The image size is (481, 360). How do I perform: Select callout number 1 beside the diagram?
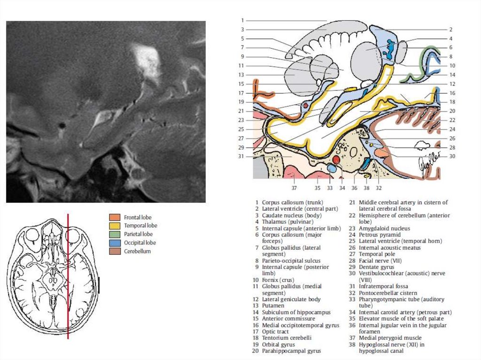coord(242,20)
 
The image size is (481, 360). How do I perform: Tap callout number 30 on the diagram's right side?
coord(452,156)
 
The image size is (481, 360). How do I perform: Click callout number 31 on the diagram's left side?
coord(241,156)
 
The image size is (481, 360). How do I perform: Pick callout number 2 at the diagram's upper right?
coord(450,29)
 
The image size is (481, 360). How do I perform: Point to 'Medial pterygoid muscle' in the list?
coord(389,338)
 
